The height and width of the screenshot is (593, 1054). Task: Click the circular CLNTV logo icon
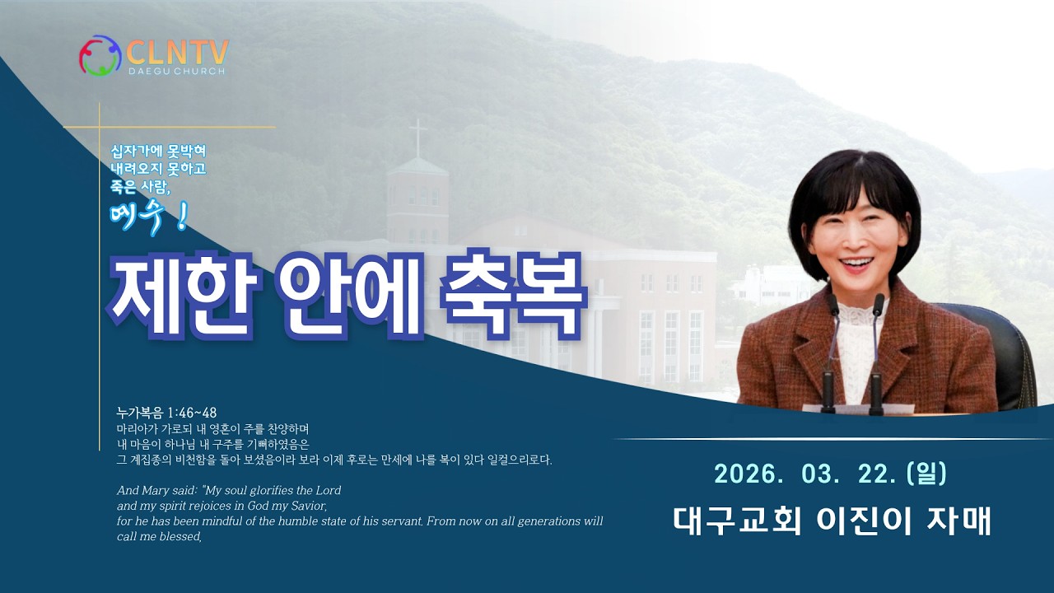100,55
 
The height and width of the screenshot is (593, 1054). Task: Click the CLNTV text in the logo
177,51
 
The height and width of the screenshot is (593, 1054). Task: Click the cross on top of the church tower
418,136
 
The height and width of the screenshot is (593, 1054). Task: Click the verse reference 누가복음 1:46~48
166,413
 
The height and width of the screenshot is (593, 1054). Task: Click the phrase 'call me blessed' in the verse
158,536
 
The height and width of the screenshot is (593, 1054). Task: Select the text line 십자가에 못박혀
158,152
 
